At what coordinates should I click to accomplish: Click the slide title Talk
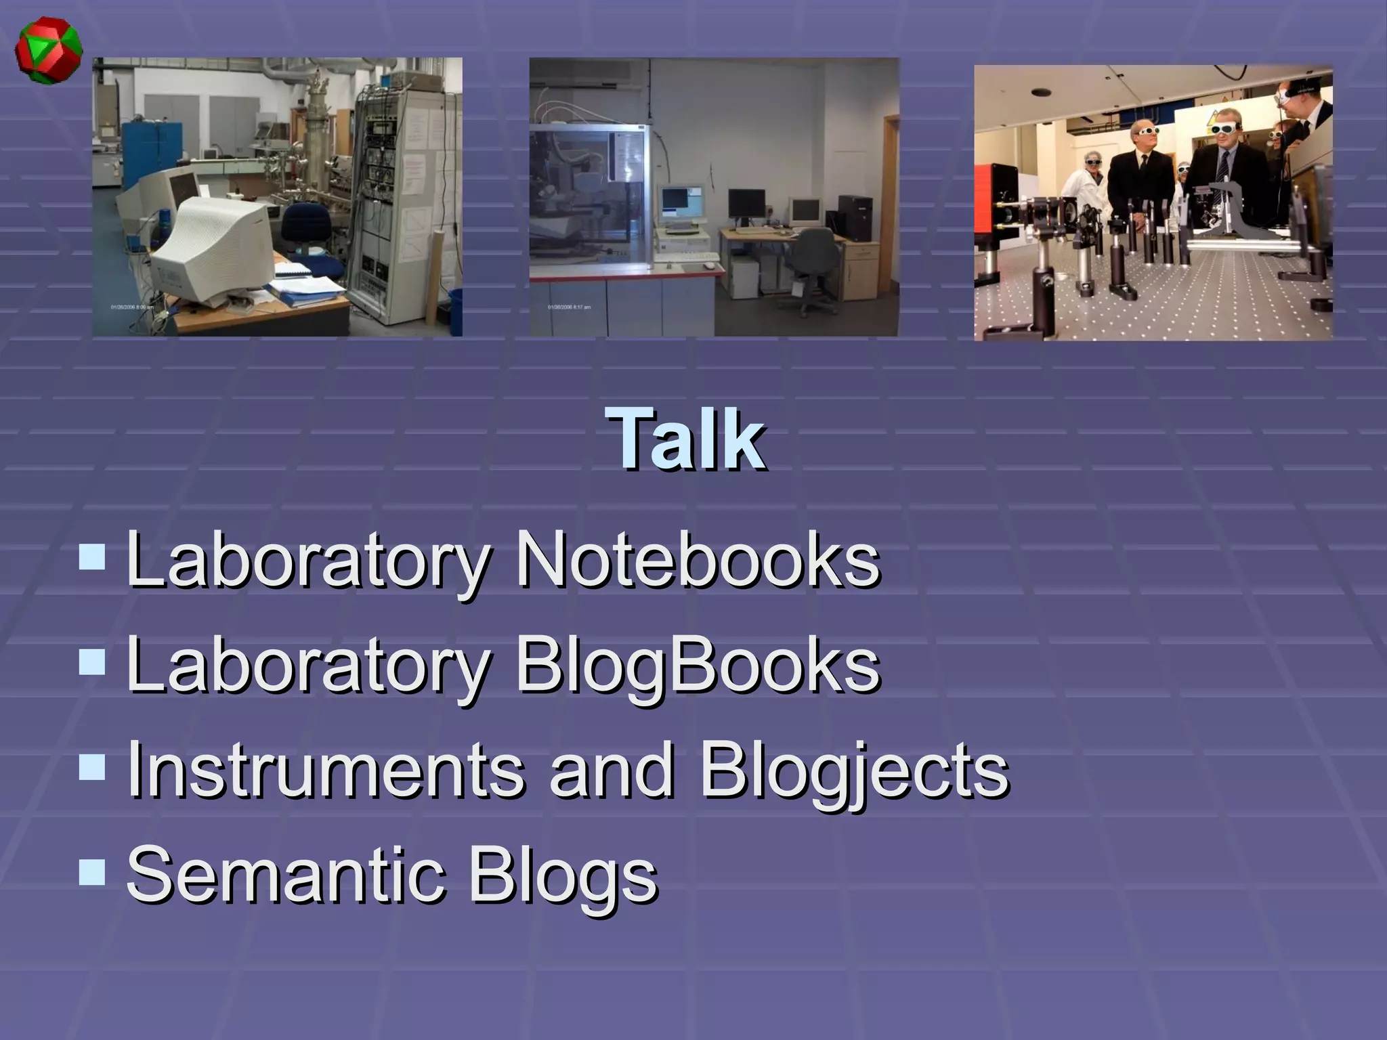coord(688,440)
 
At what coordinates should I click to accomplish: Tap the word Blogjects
coord(854,771)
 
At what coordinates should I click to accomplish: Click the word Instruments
coord(325,771)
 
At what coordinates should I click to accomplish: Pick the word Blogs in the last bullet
coord(563,876)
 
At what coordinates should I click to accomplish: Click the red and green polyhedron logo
coord(48,51)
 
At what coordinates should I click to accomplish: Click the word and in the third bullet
coord(612,771)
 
